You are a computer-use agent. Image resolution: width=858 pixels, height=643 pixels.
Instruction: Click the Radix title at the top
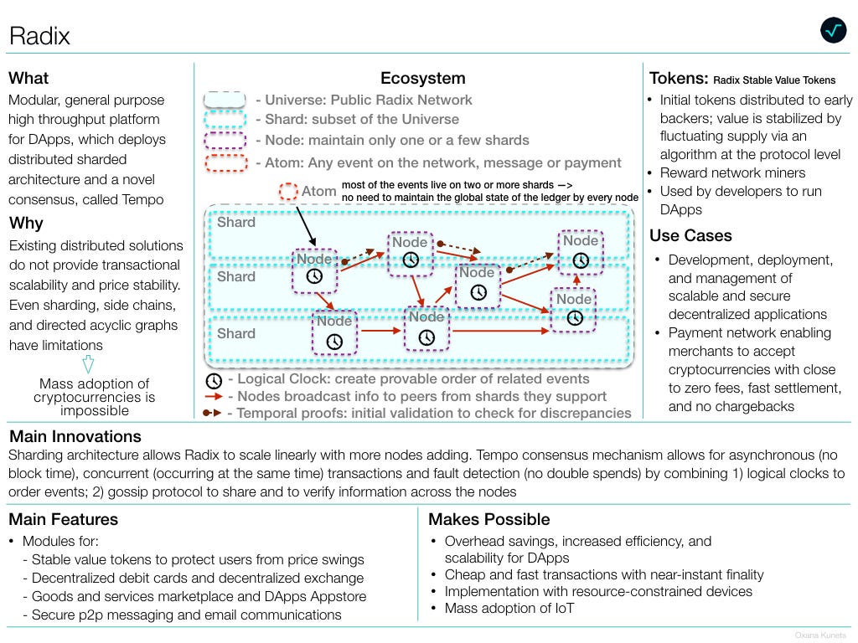pyautogui.click(x=40, y=36)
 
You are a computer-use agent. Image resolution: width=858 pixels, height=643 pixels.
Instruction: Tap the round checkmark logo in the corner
pyautogui.click(x=834, y=31)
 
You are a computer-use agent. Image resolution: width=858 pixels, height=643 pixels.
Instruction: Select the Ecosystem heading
pyautogui.click(x=423, y=78)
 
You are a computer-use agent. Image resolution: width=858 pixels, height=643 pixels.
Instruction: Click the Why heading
pyautogui.click(x=26, y=223)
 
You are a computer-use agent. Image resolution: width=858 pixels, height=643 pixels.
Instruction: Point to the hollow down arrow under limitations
pyautogui.click(x=88, y=364)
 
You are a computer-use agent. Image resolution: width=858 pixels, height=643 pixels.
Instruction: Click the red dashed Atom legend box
pyautogui.click(x=226, y=163)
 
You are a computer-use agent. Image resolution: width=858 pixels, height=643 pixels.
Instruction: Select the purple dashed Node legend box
pyautogui.click(x=225, y=141)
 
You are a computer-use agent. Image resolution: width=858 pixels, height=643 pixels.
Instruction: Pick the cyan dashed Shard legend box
pyautogui.click(x=225, y=119)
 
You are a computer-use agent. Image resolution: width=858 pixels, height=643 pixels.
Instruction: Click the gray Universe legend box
pyautogui.click(x=225, y=100)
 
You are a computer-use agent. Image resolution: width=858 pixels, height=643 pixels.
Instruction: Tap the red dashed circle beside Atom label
pyautogui.click(x=288, y=192)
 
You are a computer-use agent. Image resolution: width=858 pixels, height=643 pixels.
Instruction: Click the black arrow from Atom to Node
pyautogui.click(x=307, y=226)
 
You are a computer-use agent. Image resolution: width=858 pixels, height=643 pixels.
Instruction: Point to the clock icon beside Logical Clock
pyautogui.click(x=214, y=381)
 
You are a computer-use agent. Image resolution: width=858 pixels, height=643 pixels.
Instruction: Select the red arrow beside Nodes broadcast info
pyautogui.click(x=214, y=396)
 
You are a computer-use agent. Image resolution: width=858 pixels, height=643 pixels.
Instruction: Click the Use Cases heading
pyautogui.click(x=690, y=235)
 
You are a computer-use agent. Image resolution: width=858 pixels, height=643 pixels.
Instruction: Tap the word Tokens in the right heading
pyautogui.click(x=679, y=78)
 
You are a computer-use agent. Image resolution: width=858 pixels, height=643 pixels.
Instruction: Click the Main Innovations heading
pyautogui.click(x=75, y=436)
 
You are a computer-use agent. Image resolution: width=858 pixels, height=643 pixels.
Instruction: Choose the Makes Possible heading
pyautogui.click(x=489, y=519)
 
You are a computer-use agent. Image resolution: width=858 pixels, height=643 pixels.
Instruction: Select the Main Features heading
pyautogui.click(x=64, y=519)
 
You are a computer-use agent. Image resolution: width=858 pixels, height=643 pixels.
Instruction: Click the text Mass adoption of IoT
pyautogui.click(x=509, y=608)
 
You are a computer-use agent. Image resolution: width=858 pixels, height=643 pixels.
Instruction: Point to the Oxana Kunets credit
pyautogui.click(x=820, y=635)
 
